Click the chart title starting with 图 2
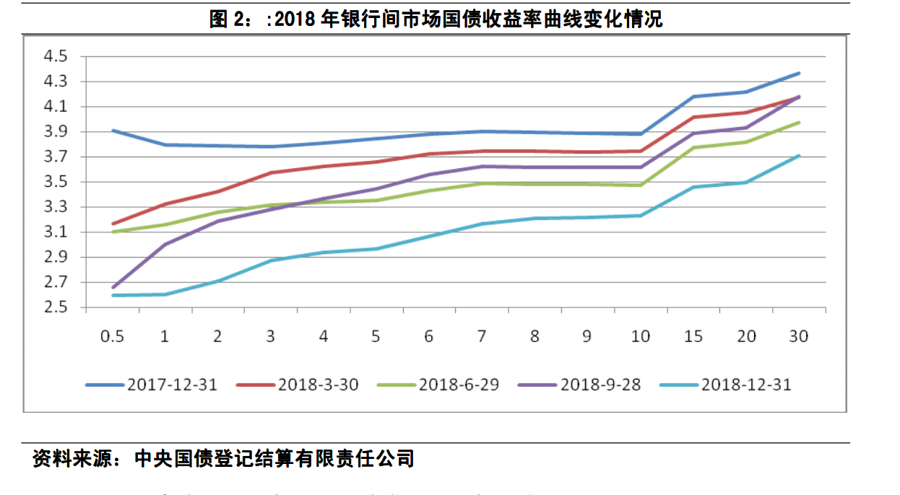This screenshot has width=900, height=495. (436, 19)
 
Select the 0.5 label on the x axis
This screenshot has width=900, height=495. (112, 336)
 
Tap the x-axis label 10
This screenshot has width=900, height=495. (640, 336)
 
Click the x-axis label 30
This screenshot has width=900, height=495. (798, 336)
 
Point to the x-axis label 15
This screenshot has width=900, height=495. (693, 336)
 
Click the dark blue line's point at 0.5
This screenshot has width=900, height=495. (113, 131)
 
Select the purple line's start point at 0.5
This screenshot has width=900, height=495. (113, 287)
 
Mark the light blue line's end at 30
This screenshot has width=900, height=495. (799, 155)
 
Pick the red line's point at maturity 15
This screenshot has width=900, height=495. (693, 117)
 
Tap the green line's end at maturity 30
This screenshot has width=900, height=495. (799, 123)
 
